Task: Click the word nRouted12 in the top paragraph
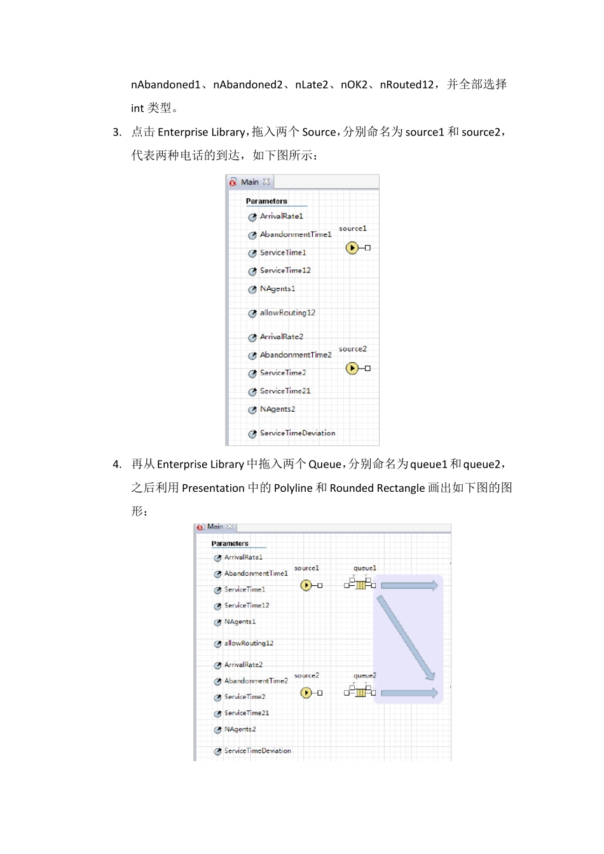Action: point(406,85)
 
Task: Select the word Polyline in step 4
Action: point(293,488)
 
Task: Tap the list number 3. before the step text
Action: point(117,132)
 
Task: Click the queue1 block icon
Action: point(360,585)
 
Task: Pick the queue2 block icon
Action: point(360,692)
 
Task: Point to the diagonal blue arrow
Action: point(405,637)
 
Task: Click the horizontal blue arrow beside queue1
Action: point(409,585)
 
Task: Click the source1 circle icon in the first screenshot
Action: point(352,247)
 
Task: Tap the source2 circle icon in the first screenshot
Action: point(352,368)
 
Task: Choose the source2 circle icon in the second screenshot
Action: point(306,693)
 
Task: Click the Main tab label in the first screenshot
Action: point(249,182)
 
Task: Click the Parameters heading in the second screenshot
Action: point(230,544)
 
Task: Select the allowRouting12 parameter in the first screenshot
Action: point(287,313)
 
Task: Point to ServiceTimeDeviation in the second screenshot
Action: point(257,751)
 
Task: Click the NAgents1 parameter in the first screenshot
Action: point(277,288)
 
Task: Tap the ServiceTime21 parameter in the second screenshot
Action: point(247,713)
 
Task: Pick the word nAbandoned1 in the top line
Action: point(165,85)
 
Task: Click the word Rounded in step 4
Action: point(351,488)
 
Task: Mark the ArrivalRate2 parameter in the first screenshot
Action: point(281,337)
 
